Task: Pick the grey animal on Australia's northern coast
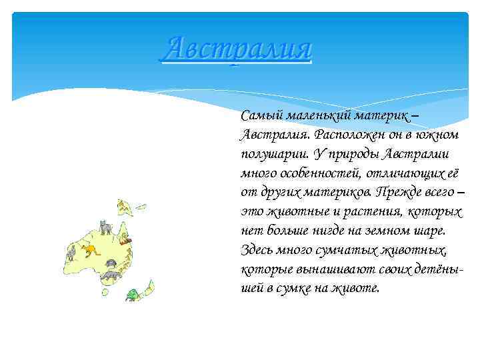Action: [x=105, y=227]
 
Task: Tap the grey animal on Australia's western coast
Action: [x=71, y=252]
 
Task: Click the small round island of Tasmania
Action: [x=105, y=291]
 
